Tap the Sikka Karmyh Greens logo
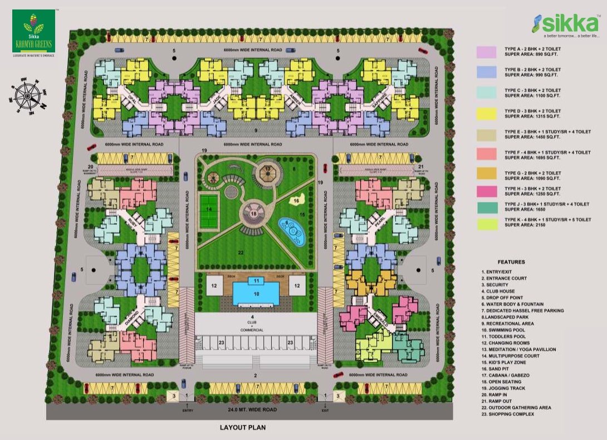33,32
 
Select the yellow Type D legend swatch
486,114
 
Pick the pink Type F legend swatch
486,154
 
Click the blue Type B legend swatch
486,72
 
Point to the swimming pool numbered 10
256,293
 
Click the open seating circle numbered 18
254,214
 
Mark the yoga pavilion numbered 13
268,172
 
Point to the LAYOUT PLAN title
242,428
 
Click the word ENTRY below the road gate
188,410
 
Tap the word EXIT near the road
325,410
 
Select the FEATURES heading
511,261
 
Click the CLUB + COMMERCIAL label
252,324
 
